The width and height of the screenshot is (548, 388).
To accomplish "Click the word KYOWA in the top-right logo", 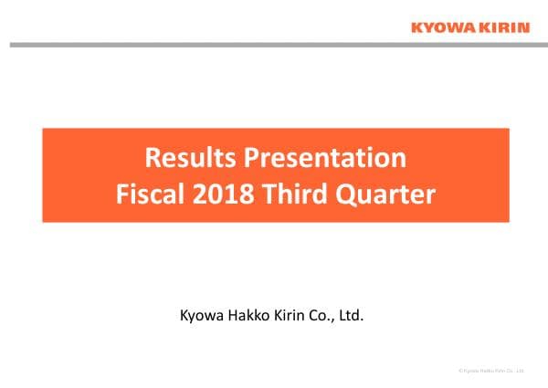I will pos(441,27).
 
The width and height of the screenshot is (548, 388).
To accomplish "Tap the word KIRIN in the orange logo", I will pos(502,27).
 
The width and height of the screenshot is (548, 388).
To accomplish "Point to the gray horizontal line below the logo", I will pos(274,44).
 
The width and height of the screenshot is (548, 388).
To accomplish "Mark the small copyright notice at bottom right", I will pos(491,371).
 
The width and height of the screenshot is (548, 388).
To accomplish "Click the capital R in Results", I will pos(153,158).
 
